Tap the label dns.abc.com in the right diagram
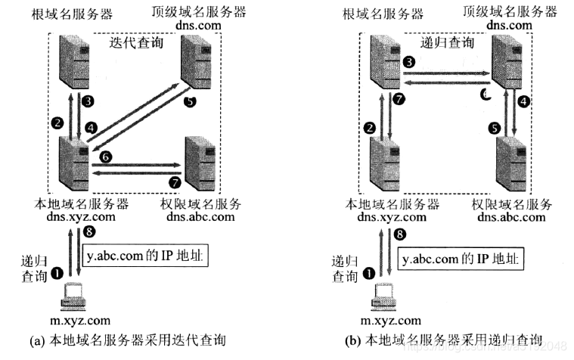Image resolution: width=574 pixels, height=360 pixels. (x=511, y=217)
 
